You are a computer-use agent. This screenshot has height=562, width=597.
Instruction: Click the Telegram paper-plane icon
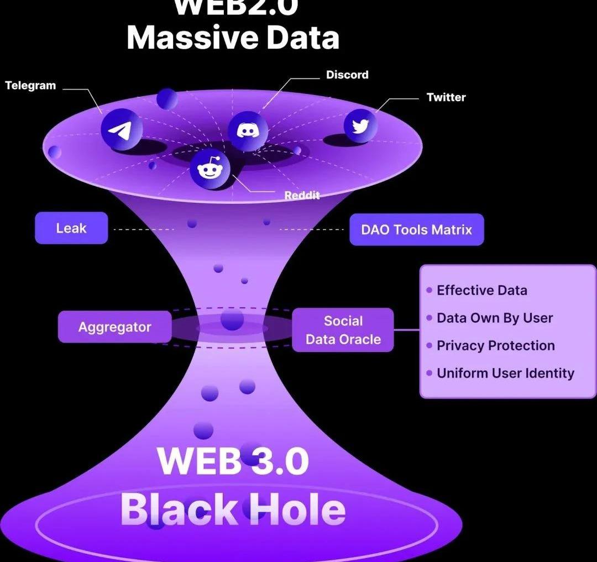pos(121,130)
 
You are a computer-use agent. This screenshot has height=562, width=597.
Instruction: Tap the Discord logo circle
pos(248,131)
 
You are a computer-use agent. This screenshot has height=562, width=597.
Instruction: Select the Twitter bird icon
pos(360,126)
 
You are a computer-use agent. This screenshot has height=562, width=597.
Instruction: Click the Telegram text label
pos(30,86)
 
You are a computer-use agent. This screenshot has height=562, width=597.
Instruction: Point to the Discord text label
pos(347,75)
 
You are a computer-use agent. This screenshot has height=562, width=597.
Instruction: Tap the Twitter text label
pos(446,97)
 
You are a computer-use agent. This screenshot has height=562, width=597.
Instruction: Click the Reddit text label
pos(302,196)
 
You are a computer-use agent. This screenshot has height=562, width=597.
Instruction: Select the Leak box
pos(71,228)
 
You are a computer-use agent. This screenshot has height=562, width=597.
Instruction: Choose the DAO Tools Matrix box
pos(416,229)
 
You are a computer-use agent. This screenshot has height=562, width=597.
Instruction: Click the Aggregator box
pos(114,327)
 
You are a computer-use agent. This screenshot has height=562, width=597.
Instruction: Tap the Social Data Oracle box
pos(343,330)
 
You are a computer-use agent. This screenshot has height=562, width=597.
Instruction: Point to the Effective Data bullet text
pos(481,290)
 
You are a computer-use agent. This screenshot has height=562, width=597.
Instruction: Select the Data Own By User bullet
pos(494,318)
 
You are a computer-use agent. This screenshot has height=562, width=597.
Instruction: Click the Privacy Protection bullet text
pos(495,345)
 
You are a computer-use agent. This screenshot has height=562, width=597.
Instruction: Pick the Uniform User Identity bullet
pos(505,373)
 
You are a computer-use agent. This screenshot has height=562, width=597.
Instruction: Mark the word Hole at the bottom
pos(297,509)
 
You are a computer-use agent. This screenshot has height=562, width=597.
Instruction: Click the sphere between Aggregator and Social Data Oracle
pos(232,319)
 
